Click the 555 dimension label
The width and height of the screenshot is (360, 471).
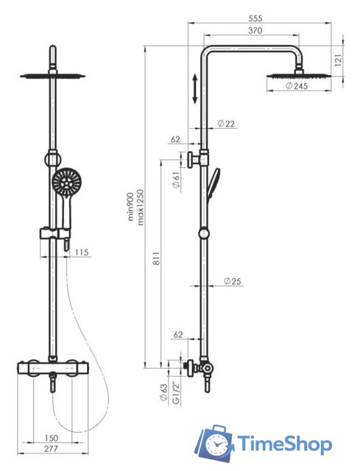tap(255, 18)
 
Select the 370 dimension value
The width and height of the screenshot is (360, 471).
tap(255, 30)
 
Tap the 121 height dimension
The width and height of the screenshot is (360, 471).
tap(338, 60)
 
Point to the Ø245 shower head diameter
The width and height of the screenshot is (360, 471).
tap(297, 86)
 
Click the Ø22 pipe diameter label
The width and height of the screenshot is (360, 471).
tap(226, 124)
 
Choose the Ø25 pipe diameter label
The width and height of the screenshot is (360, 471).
tap(233, 281)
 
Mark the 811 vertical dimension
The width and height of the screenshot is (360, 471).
tap(157, 258)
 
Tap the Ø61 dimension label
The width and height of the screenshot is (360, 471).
tap(177, 180)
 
